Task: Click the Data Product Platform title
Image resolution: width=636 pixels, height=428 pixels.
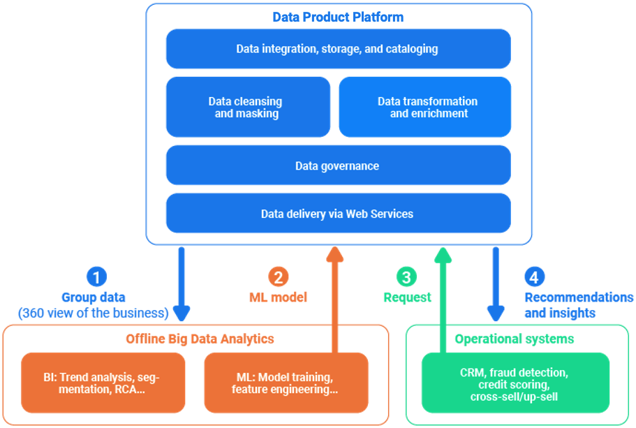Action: (x=338, y=17)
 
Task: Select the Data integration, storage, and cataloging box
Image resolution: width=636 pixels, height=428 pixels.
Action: (x=338, y=49)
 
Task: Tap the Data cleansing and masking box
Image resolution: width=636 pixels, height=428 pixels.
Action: (x=247, y=107)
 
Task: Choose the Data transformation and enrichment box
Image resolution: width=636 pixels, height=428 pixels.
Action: (x=425, y=107)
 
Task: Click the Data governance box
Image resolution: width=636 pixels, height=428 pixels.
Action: (x=338, y=165)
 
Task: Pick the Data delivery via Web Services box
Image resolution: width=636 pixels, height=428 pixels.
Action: (x=338, y=214)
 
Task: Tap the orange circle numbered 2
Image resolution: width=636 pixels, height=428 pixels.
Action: (x=278, y=277)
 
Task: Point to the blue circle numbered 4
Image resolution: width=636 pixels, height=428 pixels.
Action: (x=534, y=277)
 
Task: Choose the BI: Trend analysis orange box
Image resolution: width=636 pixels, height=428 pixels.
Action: (x=103, y=383)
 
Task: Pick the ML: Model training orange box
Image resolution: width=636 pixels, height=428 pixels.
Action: (x=286, y=383)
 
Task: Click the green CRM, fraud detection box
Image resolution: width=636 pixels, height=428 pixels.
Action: (x=515, y=383)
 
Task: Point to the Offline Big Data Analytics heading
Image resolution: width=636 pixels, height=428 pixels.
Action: (x=200, y=339)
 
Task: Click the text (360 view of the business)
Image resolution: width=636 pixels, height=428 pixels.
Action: (x=94, y=313)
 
